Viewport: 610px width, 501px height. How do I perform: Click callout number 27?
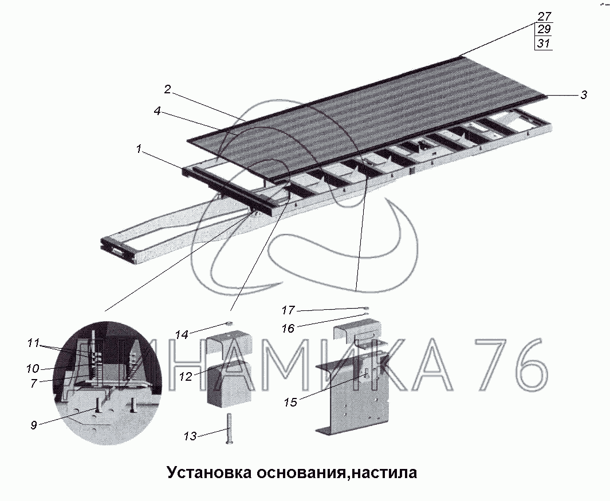click(x=544, y=17)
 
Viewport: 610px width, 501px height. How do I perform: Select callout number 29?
click(x=544, y=29)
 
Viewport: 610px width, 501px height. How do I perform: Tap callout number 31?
click(x=544, y=43)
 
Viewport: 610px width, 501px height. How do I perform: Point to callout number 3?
click(x=584, y=95)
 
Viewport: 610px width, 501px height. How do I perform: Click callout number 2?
click(x=167, y=90)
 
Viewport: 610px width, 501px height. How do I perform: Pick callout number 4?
click(x=157, y=111)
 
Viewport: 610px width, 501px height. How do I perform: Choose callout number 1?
click(x=138, y=149)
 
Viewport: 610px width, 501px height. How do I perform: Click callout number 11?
click(x=33, y=343)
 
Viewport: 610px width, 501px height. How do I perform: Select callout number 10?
click(x=33, y=368)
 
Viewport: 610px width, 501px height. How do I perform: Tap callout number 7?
click(x=33, y=383)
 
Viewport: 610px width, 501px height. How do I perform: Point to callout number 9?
click(x=34, y=425)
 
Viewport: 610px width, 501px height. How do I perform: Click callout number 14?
click(x=182, y=334)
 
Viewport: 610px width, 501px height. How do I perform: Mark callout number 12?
click(x=186, y=377)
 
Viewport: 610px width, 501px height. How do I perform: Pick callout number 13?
click(x=190, y=436)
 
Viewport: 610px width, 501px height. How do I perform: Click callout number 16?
click(x=288, y=329)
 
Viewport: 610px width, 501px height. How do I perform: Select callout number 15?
click(x=290, y=402)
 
